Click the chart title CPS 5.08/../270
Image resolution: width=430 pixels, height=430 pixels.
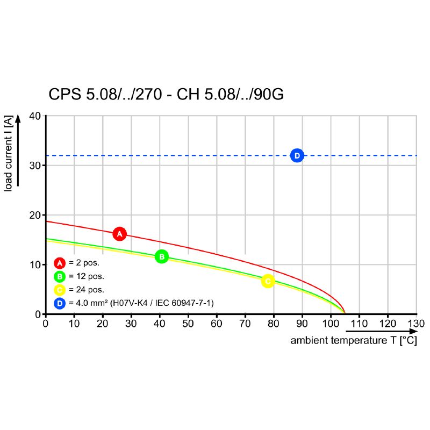pyautogui.click(x=166, y=95)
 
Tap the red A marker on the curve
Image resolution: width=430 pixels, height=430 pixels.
pyautogui.click(x=120, y=234)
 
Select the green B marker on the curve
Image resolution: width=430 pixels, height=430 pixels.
pyautogui.click(x=161, y=257)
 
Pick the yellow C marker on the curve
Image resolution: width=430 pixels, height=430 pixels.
pyautogui.click(x=268, y=281)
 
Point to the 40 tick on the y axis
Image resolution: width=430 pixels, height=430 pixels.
pyautogui.click(x=35, y=116)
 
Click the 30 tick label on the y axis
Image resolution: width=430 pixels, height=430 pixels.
pyautogui.click(x=35, y=165)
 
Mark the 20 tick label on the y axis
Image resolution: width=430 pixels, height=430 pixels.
pyautogui.click(x=35, y=215)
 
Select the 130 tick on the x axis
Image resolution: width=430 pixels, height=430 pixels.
pyautogui.click(x=416, y=324)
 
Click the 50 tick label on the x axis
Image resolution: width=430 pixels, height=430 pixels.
pyautogui.click(x=188, y=324)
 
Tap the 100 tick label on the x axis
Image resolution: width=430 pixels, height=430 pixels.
pyautogui.click(x=331, y=324)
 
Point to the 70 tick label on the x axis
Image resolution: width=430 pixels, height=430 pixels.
pyautogui.click(x=245, y=324)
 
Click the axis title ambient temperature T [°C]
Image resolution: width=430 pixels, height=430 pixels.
pyautogui.click(x=354, y=341)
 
